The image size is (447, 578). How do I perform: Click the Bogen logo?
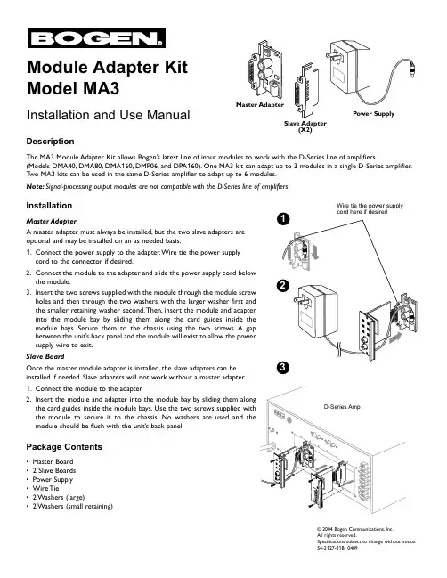click(x=97, y=38)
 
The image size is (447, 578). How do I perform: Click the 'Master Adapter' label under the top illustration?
click(x=260, y=105)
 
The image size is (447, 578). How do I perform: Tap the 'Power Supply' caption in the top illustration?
click(x=373, y=113)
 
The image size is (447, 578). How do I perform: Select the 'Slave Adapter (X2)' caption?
click(x=305, y=126)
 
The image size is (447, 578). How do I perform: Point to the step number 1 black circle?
click(x=283, y=219)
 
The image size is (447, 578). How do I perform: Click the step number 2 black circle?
click(x=283, y=286)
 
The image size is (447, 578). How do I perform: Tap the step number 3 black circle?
click(x=283, y=368)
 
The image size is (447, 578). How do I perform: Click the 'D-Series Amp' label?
click(x=342, y=407)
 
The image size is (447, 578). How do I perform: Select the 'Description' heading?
click(x=50, y=142)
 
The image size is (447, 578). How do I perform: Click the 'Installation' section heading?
click(x=49, y=206)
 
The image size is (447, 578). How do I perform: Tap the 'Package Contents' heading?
click(x=64, y=447)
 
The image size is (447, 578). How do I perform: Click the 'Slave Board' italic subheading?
click(x=45, y=356)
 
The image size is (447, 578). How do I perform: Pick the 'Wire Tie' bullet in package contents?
click(x=45, y=488)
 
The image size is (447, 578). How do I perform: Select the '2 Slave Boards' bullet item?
click(x=54, y=470)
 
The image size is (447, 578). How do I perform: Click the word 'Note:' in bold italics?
click(x=35, y=186)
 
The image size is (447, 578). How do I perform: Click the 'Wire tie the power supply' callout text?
click(x=370, y=206)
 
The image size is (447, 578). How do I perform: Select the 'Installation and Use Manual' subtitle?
click(x=109, y=115)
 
